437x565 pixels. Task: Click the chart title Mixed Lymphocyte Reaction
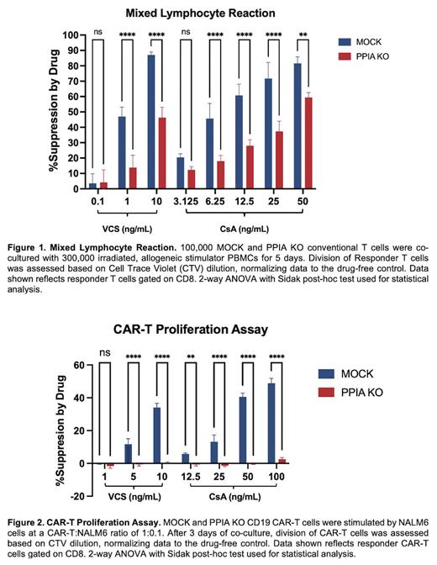pos(217,14)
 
